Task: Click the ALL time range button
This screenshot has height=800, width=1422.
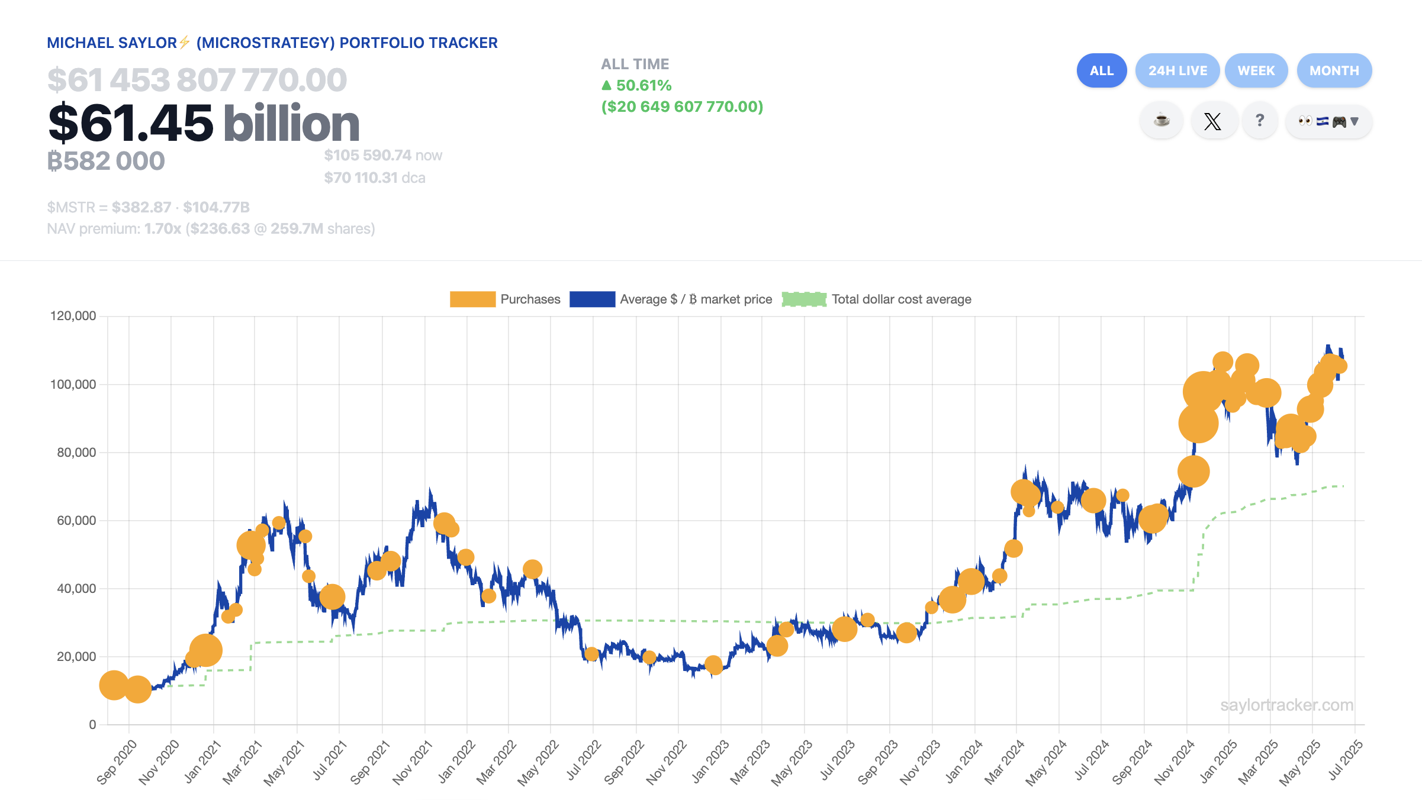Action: pyautogui.click(x=1101, y=70)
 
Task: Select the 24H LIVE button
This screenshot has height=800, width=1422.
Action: pyautogui.click(x=1177, y=70)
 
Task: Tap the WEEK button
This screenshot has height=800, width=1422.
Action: pyautogui.click(x=1256, y=70)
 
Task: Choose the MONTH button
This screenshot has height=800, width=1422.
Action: pyautogui.click(x=1334, y=70)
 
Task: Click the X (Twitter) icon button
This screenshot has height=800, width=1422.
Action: pyautogui.click(x=1212, y=121)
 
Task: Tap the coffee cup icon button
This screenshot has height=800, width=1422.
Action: pyautogui.click(x=1162, y=121)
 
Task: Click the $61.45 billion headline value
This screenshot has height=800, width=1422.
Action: pyautogui.click(x=204, y=123)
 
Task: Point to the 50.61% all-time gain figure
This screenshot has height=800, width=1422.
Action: pyautogui.click(x=643, y=86)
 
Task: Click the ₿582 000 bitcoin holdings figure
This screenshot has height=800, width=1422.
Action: pyautogui.click(x=107, y=161)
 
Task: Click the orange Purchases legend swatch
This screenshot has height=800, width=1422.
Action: pyautogui.click(x=472, y=299)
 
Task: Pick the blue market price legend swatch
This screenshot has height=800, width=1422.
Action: pyautogui.click(x=592, y=299)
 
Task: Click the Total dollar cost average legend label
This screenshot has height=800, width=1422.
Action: pyautogui.click(x=901, y=299)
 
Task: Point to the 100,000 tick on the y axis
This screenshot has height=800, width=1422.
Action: pyautogui.click(x=73, y=385)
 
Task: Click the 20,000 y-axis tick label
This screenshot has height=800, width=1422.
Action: pyautogui.click(x=76, y=657)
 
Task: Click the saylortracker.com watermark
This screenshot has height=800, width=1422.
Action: pyautogui.click(x=1286, y=705)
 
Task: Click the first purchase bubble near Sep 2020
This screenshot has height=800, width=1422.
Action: pyautogui.click(x=114, y=685)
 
